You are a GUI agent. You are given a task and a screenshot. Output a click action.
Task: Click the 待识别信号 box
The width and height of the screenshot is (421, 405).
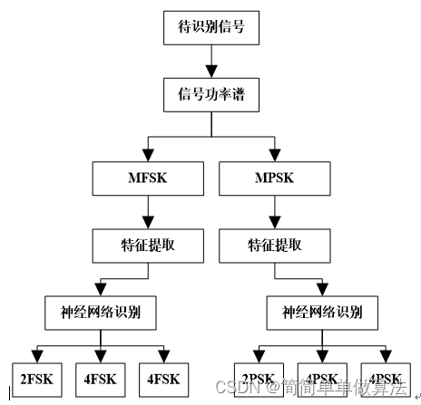(x=210, y=28)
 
